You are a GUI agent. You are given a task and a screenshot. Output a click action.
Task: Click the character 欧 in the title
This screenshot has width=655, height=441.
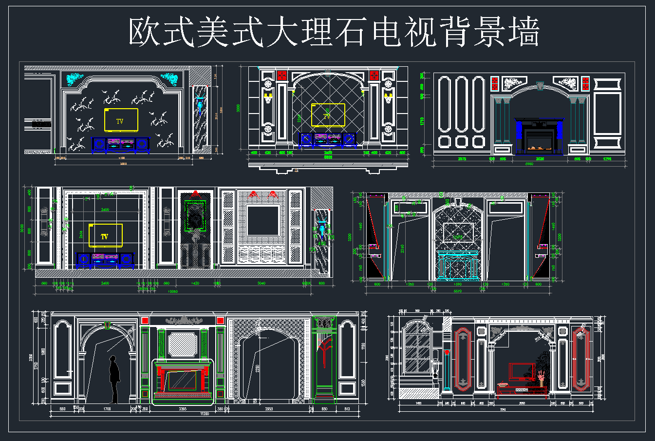click(x=145, y=33)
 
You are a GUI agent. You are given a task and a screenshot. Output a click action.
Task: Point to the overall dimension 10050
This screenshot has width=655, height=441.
click(x=173, y=292)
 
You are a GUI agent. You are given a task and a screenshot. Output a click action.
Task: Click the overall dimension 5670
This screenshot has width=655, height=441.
click(x=457, y=291)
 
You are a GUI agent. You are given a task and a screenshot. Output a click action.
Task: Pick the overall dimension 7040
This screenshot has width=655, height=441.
click(x=503, y=409)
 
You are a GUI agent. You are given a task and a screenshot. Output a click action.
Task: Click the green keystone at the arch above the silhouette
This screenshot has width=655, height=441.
click(x=108, y=326)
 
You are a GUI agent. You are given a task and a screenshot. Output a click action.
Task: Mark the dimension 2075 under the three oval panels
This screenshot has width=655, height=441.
click(x=462, y=159)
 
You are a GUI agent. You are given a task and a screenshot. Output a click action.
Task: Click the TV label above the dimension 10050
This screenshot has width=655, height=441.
click(x=104, y=237)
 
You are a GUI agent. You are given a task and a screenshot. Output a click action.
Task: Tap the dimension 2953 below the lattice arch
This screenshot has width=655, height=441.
click(x=269, y=409)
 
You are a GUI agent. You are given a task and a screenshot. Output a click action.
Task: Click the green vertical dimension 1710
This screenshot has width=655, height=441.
click(x=422, y=120)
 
